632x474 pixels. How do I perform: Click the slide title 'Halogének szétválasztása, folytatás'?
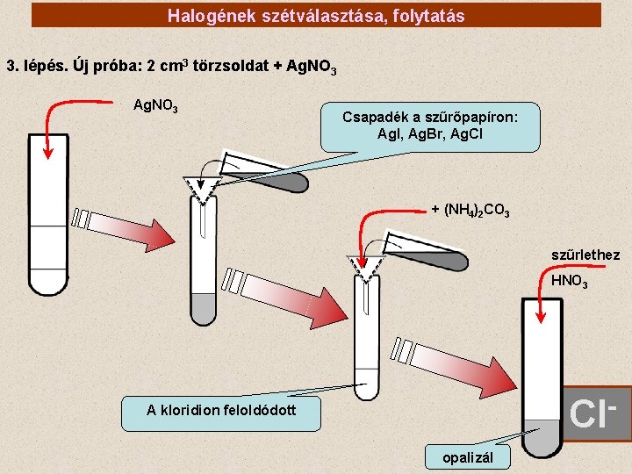point(316,16)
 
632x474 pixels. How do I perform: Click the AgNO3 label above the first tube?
point(155,106)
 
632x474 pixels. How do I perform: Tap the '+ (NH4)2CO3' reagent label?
point(470,210)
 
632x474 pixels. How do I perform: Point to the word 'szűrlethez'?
point(585,255)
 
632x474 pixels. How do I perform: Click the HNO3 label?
point(569,282)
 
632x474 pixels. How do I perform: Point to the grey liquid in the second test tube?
point(204,308)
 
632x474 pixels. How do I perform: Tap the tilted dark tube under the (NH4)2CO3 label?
point(430,253)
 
